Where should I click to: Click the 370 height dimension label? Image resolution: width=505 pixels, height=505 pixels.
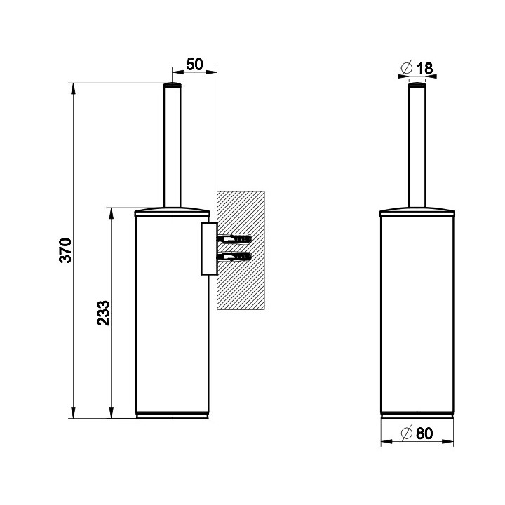pos(65,250)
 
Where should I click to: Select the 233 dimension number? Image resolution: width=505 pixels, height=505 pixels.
pos(103,313)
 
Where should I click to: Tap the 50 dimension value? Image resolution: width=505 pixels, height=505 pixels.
pos(194,65)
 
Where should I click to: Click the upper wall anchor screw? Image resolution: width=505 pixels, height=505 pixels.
pos(234,239)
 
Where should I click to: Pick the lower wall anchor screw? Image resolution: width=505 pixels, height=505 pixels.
pos(234,257)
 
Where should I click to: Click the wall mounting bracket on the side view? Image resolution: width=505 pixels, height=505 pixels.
pos(209,248)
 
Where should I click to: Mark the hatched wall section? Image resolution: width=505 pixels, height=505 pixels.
pos(241,250)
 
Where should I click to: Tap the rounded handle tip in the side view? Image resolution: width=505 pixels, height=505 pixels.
pos(173,85)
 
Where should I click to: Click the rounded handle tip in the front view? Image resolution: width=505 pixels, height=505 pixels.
pos(417,85)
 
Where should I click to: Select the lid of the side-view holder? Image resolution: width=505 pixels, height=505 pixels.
pos(173,212)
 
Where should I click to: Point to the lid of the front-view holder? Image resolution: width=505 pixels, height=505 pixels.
pos(417,212)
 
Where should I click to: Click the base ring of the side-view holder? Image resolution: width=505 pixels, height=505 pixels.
pos(173,415)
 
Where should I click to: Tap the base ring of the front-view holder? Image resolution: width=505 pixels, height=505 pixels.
pos(417,415)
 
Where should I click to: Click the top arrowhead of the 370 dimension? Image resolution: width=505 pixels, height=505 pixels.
pos(74,88)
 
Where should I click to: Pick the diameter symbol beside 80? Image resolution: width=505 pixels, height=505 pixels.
pos(407,433)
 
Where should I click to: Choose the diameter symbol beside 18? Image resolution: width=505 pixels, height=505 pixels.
pos(407,67)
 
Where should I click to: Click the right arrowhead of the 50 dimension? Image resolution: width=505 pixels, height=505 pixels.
pos(211,72)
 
